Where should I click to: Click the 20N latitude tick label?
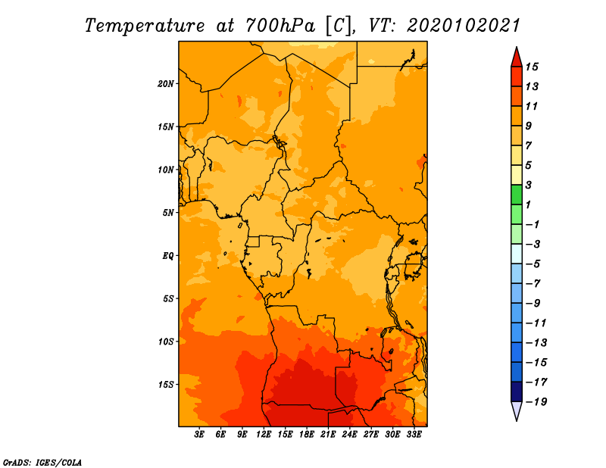coord(165,84)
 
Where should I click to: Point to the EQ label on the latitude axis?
coord(167,256)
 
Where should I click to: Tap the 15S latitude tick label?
coord(165,385)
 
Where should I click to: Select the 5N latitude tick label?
coord(168,213)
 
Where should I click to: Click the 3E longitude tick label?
coord(199,435)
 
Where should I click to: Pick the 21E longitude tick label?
coord(328,435)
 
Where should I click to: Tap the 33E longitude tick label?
coord(414,435)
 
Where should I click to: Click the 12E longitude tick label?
coord(264,435)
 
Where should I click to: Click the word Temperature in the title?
coord(145,26)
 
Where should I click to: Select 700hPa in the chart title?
coord(280,26)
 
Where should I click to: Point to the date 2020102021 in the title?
coord(464,26)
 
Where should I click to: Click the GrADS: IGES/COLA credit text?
coord(42,463)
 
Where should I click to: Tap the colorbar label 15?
coord(532,67)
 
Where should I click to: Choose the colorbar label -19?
coord(536,402)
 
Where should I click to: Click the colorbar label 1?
coord(528,204)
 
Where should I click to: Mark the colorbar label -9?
coord(533,304)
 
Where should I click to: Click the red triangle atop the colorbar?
coord(517,58)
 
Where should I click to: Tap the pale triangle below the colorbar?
coord(517,410)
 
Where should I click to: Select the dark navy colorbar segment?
coord(517,392)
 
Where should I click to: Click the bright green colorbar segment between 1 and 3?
coord(517,195)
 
